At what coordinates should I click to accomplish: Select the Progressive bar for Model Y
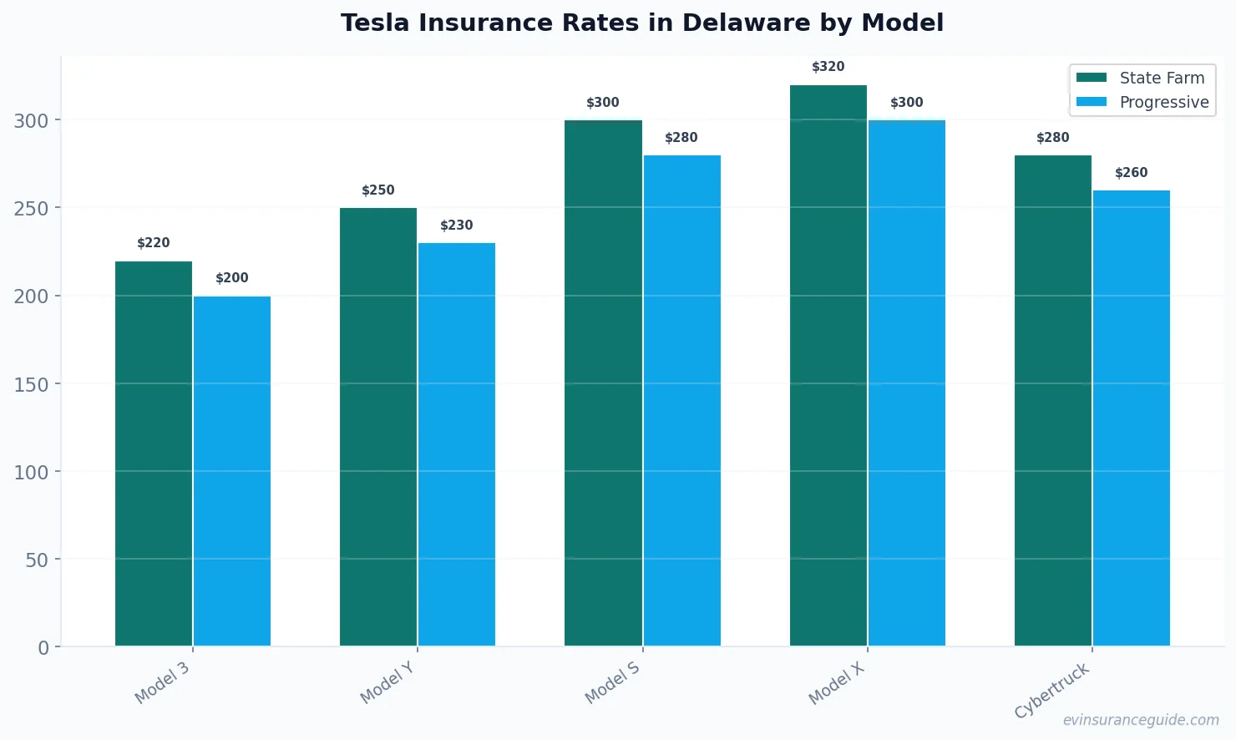(x=457, y=444)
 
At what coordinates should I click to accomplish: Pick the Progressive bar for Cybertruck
(x=1132, y=418)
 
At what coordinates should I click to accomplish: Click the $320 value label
(x=828, y=67)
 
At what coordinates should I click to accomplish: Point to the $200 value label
(x=232, y=278)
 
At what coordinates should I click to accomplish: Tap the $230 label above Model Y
(x=457, y=226)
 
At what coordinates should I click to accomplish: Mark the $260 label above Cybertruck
(x=1132, y=173)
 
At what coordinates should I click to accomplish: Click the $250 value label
(x=378, y=190)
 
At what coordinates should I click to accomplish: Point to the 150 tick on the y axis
(x=31, y=384)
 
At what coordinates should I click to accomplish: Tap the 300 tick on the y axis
(x=31, y=120)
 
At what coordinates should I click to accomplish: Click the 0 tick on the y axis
(x=43, y=647)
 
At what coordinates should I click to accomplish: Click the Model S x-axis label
(x=612, y=682)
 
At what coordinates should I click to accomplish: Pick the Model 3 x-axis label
(x=162, y=682)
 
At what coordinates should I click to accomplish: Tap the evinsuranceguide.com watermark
(x=1141, y=720)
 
